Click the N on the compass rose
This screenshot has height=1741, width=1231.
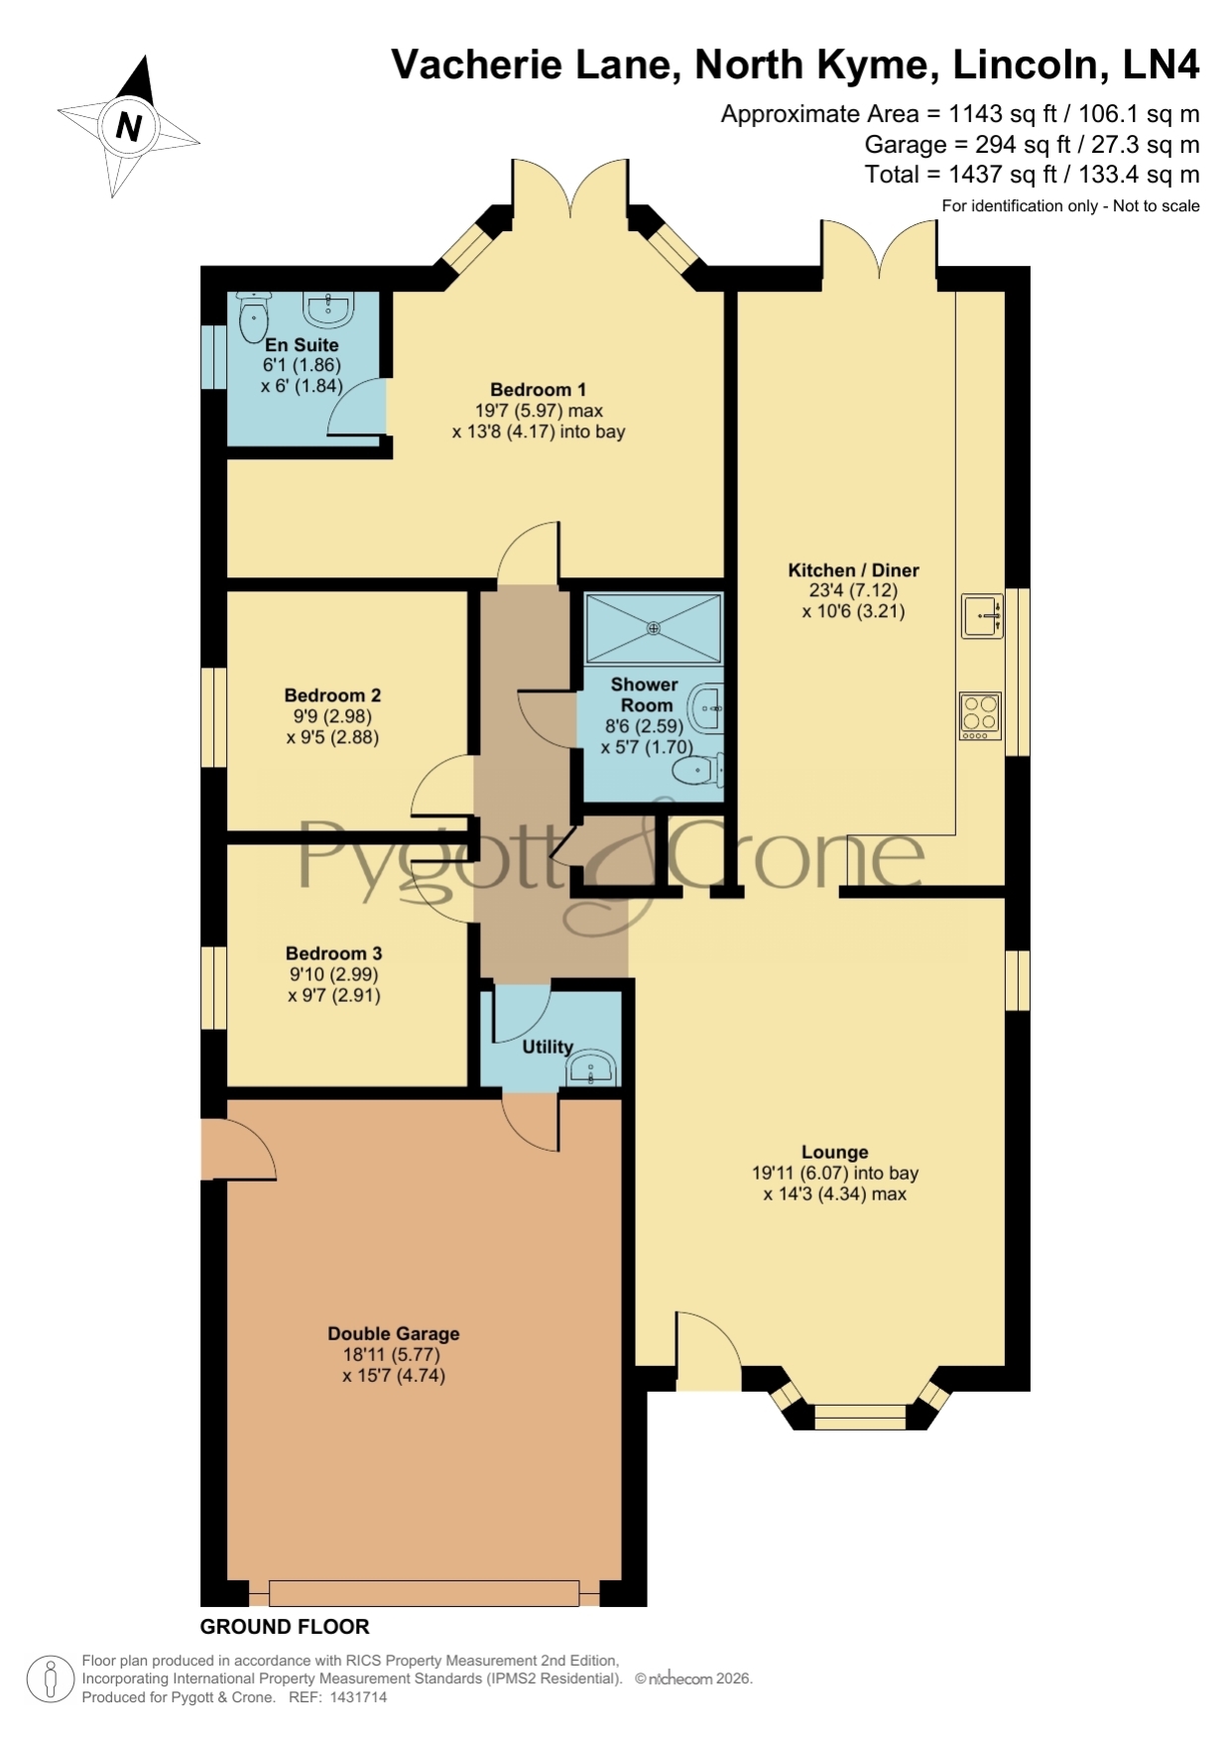(x=128, y=126)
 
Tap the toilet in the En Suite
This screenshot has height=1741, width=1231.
(x=254, y=314)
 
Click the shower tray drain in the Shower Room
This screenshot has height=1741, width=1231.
(x=653, y=627)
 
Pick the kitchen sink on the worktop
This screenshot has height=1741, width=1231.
(x=982, y=615)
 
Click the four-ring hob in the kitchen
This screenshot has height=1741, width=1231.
(x=981, y=715)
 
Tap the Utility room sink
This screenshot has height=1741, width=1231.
(x=592, y=1067)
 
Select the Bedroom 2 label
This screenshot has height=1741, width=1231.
(x=332, y=695)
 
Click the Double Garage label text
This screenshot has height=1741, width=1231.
(x=394, y=1334)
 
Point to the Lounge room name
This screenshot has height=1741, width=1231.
(x=835, y=1152)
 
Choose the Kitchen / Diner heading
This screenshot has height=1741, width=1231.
(x=853, y=570)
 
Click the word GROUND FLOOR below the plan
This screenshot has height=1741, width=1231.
(x=285, y=1626)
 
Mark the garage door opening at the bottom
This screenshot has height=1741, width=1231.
(x=424, y=1592)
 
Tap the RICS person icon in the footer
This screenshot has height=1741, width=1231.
(x=50, y=1679)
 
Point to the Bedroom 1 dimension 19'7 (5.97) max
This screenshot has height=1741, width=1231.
(x=539, y=411)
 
